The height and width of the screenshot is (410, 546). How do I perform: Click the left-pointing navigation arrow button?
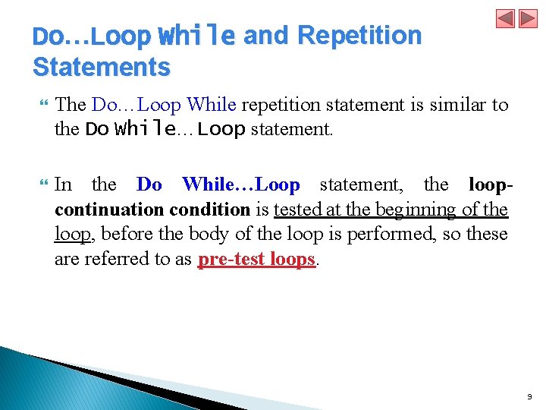click(x=506, y=19)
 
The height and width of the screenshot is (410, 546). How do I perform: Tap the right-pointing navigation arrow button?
click(x=528, y=19)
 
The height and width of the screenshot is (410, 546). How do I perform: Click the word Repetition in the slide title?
click(x=359, y=35)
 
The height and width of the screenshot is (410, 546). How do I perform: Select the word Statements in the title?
click(x=102, y=67)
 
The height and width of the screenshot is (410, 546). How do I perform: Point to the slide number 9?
click(x=529, y=396)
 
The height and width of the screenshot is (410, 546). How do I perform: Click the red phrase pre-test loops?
click(x=256, y=259)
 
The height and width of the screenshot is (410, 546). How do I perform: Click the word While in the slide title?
click(x=196, y=35)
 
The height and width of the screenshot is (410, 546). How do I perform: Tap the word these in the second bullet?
click(x=486, y=234)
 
